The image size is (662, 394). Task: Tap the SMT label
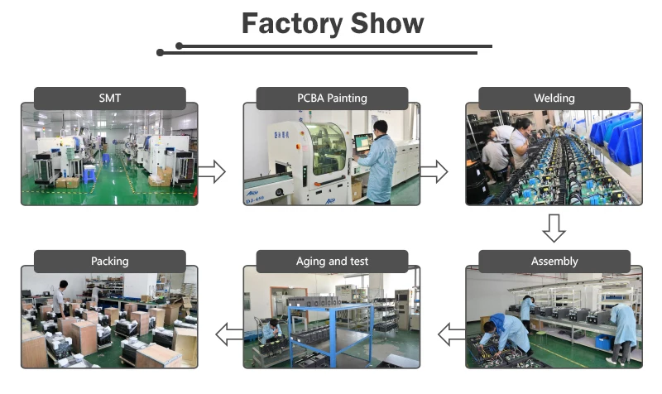(x=109, y=98)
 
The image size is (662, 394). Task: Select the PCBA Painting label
(x=332, y=98)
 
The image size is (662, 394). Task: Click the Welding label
(x=554, y=98)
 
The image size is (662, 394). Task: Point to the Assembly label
(x=554, y=261)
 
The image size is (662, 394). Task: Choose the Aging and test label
(x=332, y=261)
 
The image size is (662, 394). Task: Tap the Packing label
(x=109, y=261)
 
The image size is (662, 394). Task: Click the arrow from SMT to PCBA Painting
(x=212, y=171)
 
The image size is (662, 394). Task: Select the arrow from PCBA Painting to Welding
(x=433, y=171)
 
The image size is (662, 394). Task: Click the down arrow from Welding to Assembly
(x=554, y=227)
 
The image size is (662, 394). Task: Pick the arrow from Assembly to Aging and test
(x=451, y=334)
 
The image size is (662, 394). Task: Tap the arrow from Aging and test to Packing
(x=228, y=334)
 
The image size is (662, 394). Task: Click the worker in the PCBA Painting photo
(x=380, y=161)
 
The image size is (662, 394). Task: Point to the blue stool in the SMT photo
(x=89, y=172)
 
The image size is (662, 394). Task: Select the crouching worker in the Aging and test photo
(x=274, y=331)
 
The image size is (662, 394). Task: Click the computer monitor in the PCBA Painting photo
(x=362, y=142)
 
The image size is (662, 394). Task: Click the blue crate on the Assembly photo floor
(x=603, y=340)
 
